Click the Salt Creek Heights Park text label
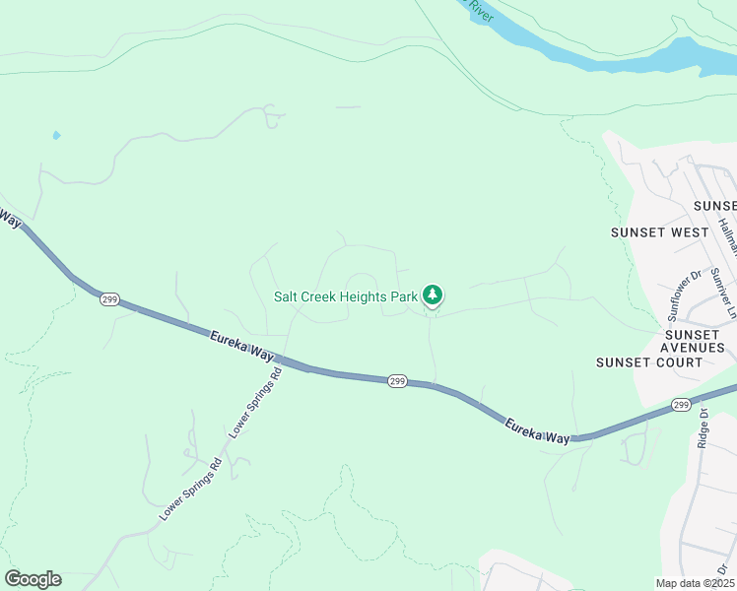pos(345,295)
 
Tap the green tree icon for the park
pos(432,294)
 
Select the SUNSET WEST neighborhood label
pos(659,232)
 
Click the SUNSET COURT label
pos(649,361)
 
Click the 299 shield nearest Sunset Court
pos(681,405)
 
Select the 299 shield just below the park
pos(397,381)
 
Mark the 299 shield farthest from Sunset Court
pos(109,298)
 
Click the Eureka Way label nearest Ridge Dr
pos(537,430)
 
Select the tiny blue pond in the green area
pos(56,135)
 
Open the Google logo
pos(33,579)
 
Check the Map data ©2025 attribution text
pos(694,583)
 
